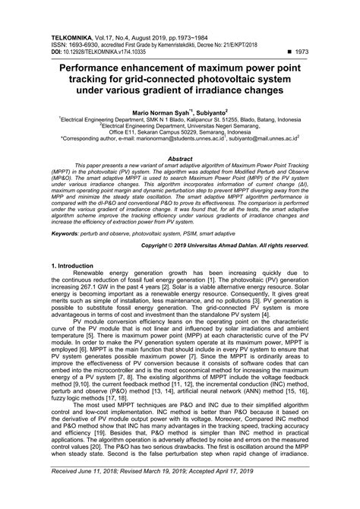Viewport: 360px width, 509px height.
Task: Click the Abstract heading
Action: (x=179, y=159)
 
